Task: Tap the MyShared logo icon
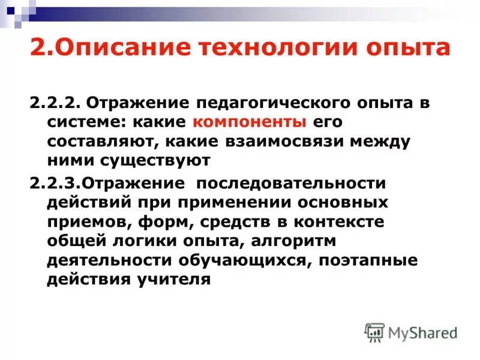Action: [374, 332]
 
